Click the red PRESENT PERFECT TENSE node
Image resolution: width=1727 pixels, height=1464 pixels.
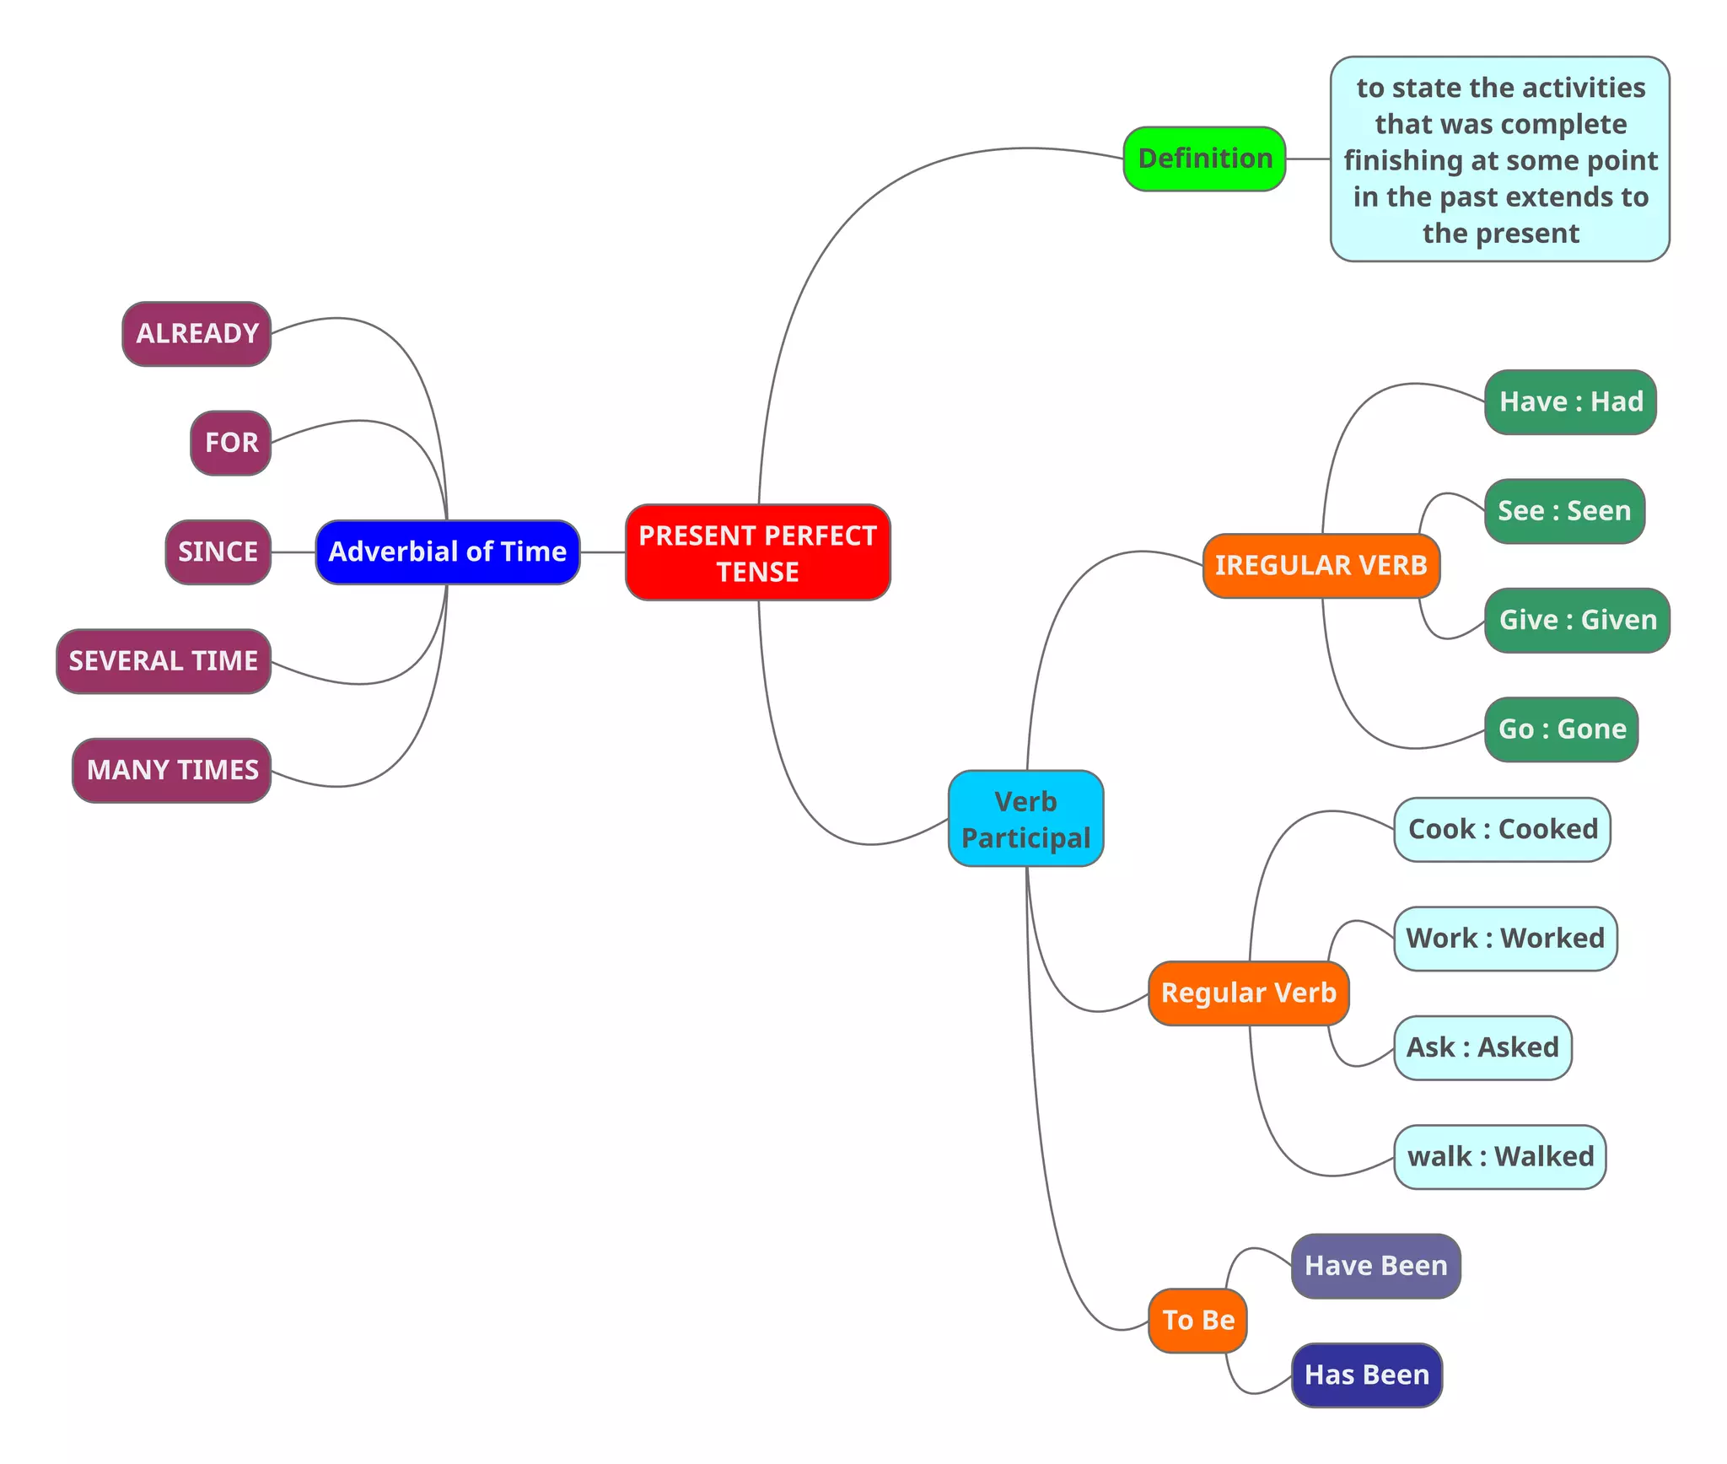tap(757, 552)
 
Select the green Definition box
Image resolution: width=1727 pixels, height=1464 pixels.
tap(1204, 159)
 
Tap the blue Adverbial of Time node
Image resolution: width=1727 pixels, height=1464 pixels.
tap(447, 552)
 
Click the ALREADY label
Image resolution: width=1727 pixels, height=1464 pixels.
tap(196, 333)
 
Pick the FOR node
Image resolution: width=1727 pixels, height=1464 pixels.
tap(230, 443)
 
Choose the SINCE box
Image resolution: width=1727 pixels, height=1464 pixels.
tap(218, 552)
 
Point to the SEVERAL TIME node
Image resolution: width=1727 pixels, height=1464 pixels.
tap(163, 660)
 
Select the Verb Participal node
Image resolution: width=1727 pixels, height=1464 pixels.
tap(1025, 818)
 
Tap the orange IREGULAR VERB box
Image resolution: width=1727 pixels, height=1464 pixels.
tap(1321, 565)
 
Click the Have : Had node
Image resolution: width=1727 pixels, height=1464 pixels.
tap(1570, 401)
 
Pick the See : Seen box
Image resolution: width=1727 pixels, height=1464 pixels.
tap(1564, 511)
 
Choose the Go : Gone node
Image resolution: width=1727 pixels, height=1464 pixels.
tap(1561, 729)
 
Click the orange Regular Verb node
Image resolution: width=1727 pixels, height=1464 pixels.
tap(1248, 993)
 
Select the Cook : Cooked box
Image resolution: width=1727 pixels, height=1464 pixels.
tap(1502, 829)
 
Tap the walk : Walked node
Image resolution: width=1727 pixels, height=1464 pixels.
tap(1499, 1156)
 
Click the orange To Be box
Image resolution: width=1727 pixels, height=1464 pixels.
tap(1197, 1320)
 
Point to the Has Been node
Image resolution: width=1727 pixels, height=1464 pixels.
tap(1366, 1375)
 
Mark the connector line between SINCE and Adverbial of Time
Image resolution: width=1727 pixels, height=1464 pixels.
tap(293, 552)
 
